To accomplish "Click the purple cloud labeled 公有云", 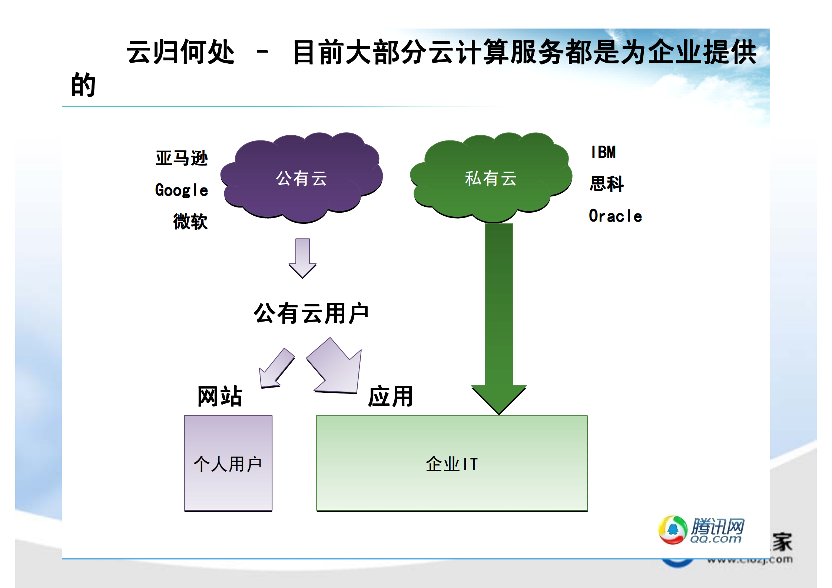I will coord(301,178).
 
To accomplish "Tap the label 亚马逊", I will coord(182,158).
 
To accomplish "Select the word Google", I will coord(182,190).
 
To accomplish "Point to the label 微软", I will coord(190,221).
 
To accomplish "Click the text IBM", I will coord(603,152).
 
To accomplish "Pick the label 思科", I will coord(607,184).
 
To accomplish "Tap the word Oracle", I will coord(615,216).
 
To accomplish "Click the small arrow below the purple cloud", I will coord(302,258).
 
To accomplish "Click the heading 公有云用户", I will coord(311,313).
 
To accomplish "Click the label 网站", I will coord(220,396).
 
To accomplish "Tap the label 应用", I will coord(390,396).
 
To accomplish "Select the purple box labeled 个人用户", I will coord(228,463).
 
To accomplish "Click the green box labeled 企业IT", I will coord(451,463).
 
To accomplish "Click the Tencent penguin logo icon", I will coord(673,530).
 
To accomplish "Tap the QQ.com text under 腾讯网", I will coord(716,539).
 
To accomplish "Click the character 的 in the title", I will coord(83,84).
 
